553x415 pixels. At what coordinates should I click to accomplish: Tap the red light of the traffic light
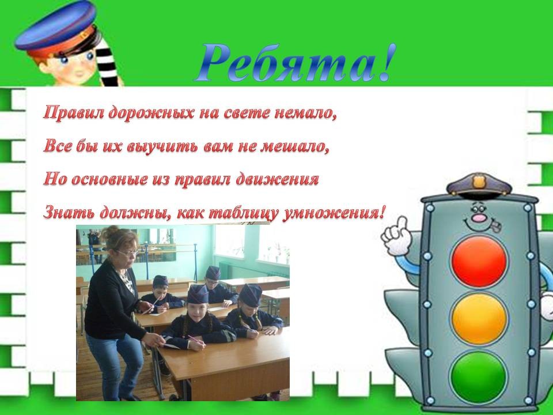click(x=479, y=262)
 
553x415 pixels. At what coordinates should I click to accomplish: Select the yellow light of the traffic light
click(x=479, y=319)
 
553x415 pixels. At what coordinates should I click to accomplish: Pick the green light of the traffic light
click(x=479, y=376)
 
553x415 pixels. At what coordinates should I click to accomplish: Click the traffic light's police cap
click(x=479, y=184)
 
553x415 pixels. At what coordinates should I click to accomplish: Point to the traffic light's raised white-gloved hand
click(x=397, y=235)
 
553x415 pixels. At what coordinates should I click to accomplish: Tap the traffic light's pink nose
click(x=479, y=218)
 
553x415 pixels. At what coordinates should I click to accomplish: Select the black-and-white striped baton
click(x=108, y=61)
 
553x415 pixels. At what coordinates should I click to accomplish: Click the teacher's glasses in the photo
click(x=128, y=252)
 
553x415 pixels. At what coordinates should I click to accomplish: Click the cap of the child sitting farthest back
click(x=213, y=273)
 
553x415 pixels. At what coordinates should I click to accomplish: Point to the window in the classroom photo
click(x=252, y=243)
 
